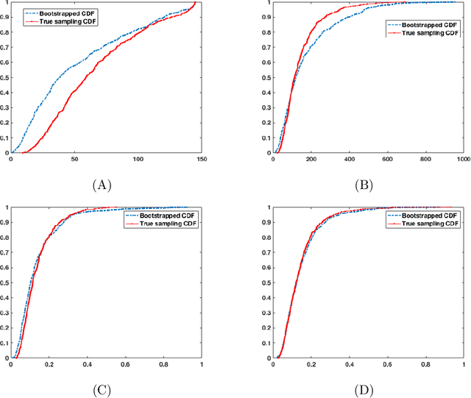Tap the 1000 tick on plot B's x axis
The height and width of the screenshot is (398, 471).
pyautogui.click(x=462, y=160)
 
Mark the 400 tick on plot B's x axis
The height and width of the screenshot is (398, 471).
pyautogui.click(x=349, y=160)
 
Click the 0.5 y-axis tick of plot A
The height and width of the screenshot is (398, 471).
pyautogui.click(x=5, y=77)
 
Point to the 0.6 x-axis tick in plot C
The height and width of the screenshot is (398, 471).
pyautogui.click(x=124, y=363)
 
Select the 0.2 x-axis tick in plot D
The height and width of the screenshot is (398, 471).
pyautogui.click(x=311, y=363)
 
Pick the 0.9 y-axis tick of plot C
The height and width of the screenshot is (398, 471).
pyautogui.click(x=5, y=222)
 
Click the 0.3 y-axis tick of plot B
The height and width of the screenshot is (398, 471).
pyautogui.click(x=267, y=107)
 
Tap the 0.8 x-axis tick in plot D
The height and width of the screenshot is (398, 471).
pyautogui.click(x=425, y=363)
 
